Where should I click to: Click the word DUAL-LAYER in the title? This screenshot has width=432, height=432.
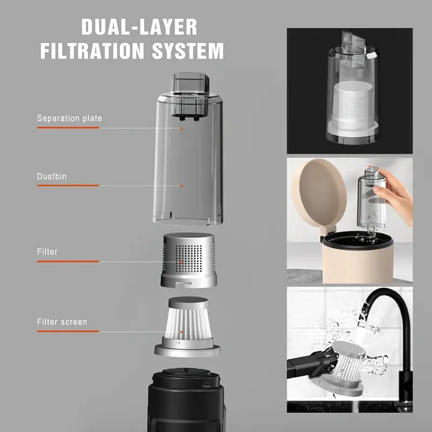pyautogui.click(x=139, y=27)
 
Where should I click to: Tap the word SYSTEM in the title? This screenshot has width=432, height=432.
pyautogui.click(x=188, y=51)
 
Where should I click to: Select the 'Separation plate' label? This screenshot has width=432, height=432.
pyautogui.click(x=69, y=118)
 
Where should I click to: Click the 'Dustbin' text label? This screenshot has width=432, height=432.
pyautogui.click(x=52, y=175)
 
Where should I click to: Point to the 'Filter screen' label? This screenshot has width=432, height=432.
pyautogui.click(x=62, y=322)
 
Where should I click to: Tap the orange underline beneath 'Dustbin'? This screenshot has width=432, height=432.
pyautogui.click(x=68, y=186)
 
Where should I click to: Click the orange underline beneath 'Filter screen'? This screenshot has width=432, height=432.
pyautogui.click(x=68, y=332)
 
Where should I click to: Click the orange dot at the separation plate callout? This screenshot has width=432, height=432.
pyautogui.click(x=181, y=129)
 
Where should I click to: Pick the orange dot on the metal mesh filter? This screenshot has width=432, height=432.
pyautogui.click(x=181, y=261)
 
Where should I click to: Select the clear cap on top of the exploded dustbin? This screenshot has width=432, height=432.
pyautogui.click(x=189, y=83)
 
